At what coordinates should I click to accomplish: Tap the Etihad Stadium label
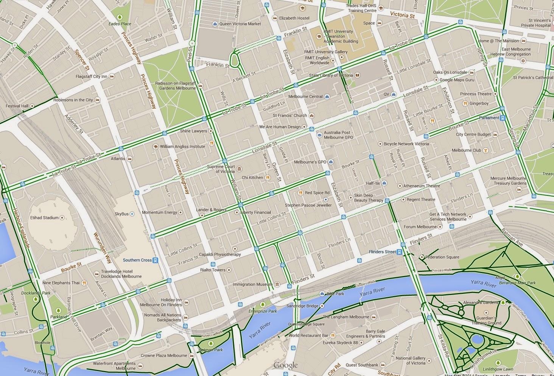(x=45, y=218)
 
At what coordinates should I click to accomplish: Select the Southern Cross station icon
(x=156, y=260)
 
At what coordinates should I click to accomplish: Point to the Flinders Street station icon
(x=400, y=252)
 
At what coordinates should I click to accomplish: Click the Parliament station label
(x=489, y=118)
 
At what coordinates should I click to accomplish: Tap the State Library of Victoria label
(x=331, y=75)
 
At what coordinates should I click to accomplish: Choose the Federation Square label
(x=442, y=257)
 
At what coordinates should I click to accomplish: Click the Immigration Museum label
(x=252, y=284)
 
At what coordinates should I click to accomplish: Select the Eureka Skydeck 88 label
(x=339, y=343)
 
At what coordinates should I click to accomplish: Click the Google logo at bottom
(x=285, y=365)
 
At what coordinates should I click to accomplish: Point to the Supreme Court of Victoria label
(x=221, y=169)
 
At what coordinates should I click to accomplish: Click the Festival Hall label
(x=17, y=106)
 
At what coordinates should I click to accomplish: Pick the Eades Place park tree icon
(x=120, y=17)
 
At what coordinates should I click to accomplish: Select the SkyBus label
(x=121, y=214)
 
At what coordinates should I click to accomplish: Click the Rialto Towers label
(x=213, y=270)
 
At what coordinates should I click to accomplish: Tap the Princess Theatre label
(x=476, y=94)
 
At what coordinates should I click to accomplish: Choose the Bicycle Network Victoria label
(x=406, y=144)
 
